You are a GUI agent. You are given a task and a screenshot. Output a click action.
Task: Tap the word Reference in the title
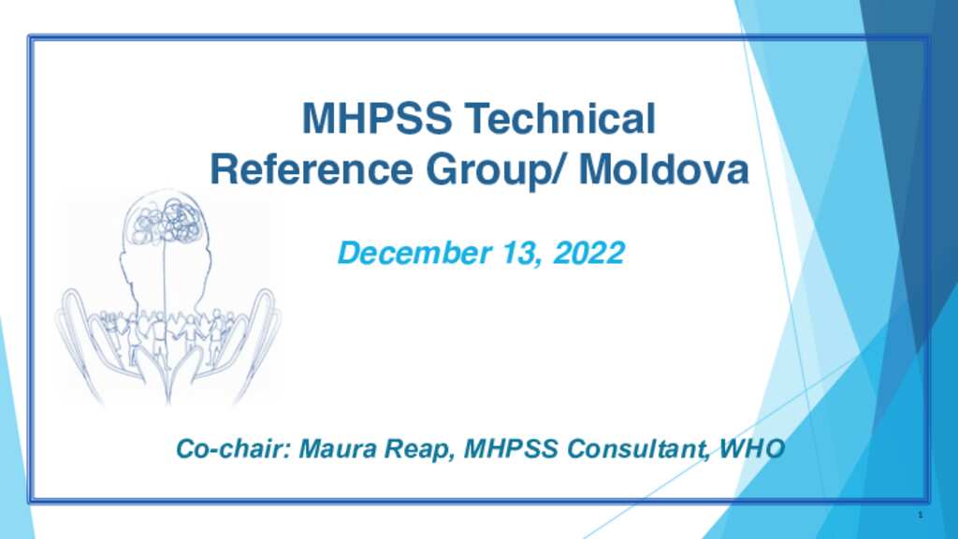click(312, 169)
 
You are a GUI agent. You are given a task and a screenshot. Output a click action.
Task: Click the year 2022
click(588, 253)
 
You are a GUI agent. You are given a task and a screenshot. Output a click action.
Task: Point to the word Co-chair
click(233, 449)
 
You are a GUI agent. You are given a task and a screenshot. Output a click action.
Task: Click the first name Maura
click(338, 449)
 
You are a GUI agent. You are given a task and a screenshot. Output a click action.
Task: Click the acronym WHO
click(752, 449)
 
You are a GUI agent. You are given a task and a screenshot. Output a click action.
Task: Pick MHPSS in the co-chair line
click(511, 449)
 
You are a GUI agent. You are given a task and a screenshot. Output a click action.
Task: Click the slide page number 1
click(921, 516)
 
